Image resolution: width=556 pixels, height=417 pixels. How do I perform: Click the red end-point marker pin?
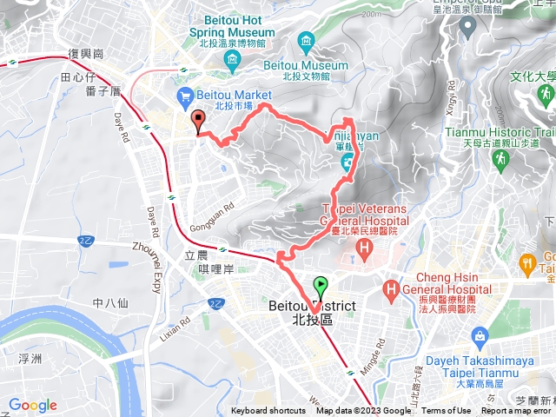click(197, 122)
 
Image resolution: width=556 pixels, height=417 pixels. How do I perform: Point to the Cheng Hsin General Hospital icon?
click(393, 287)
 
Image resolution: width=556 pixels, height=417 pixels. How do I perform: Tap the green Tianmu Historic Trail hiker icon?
click(500, 159)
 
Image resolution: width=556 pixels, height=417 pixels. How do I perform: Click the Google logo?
click(33, 405)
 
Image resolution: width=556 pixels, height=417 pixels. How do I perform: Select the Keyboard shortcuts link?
click(268, 411)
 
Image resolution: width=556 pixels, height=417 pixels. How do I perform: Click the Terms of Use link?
click(447, 411)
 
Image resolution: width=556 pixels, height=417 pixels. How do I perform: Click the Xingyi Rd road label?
click(450, 98)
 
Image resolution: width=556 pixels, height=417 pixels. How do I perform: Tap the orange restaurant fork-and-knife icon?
click(526, 262)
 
